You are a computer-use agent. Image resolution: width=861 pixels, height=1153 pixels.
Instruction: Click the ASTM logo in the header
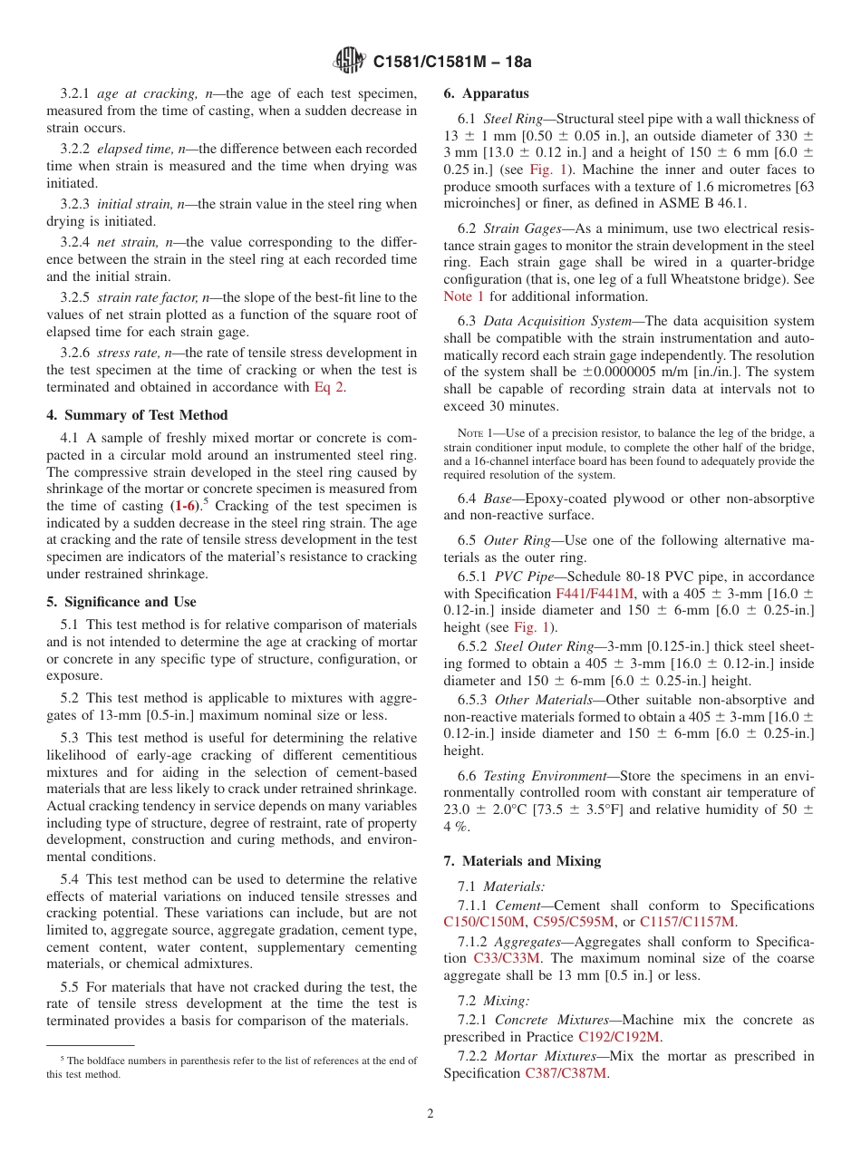click(x=352, y=62)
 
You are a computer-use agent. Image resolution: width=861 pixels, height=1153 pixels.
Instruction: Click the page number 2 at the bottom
click(x=430, y=1114)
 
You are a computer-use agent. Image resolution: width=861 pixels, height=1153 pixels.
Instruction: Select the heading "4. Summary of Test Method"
click(x=137, y=415)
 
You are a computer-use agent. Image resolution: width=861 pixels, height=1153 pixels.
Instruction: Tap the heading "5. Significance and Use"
click(x=121, y=602)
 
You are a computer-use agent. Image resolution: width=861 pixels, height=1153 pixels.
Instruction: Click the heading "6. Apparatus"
click(x=486, y=93)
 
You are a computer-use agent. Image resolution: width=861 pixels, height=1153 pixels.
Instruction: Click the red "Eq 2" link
click(x=329, y=387)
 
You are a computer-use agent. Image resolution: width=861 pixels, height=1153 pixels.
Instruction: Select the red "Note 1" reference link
click(x=463, y=296)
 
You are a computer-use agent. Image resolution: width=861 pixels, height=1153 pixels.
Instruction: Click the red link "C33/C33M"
click(x=504, y=958)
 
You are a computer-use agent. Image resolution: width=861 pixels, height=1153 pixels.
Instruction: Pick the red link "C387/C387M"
click(x=566, y=1073)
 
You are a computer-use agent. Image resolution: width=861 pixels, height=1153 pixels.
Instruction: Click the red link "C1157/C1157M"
click(x=688, y=923)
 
